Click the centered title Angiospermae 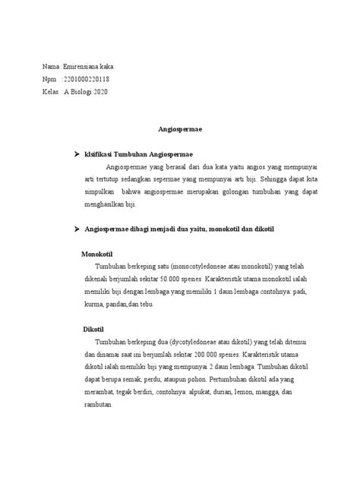pyautogui.click(x=180, y=131)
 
